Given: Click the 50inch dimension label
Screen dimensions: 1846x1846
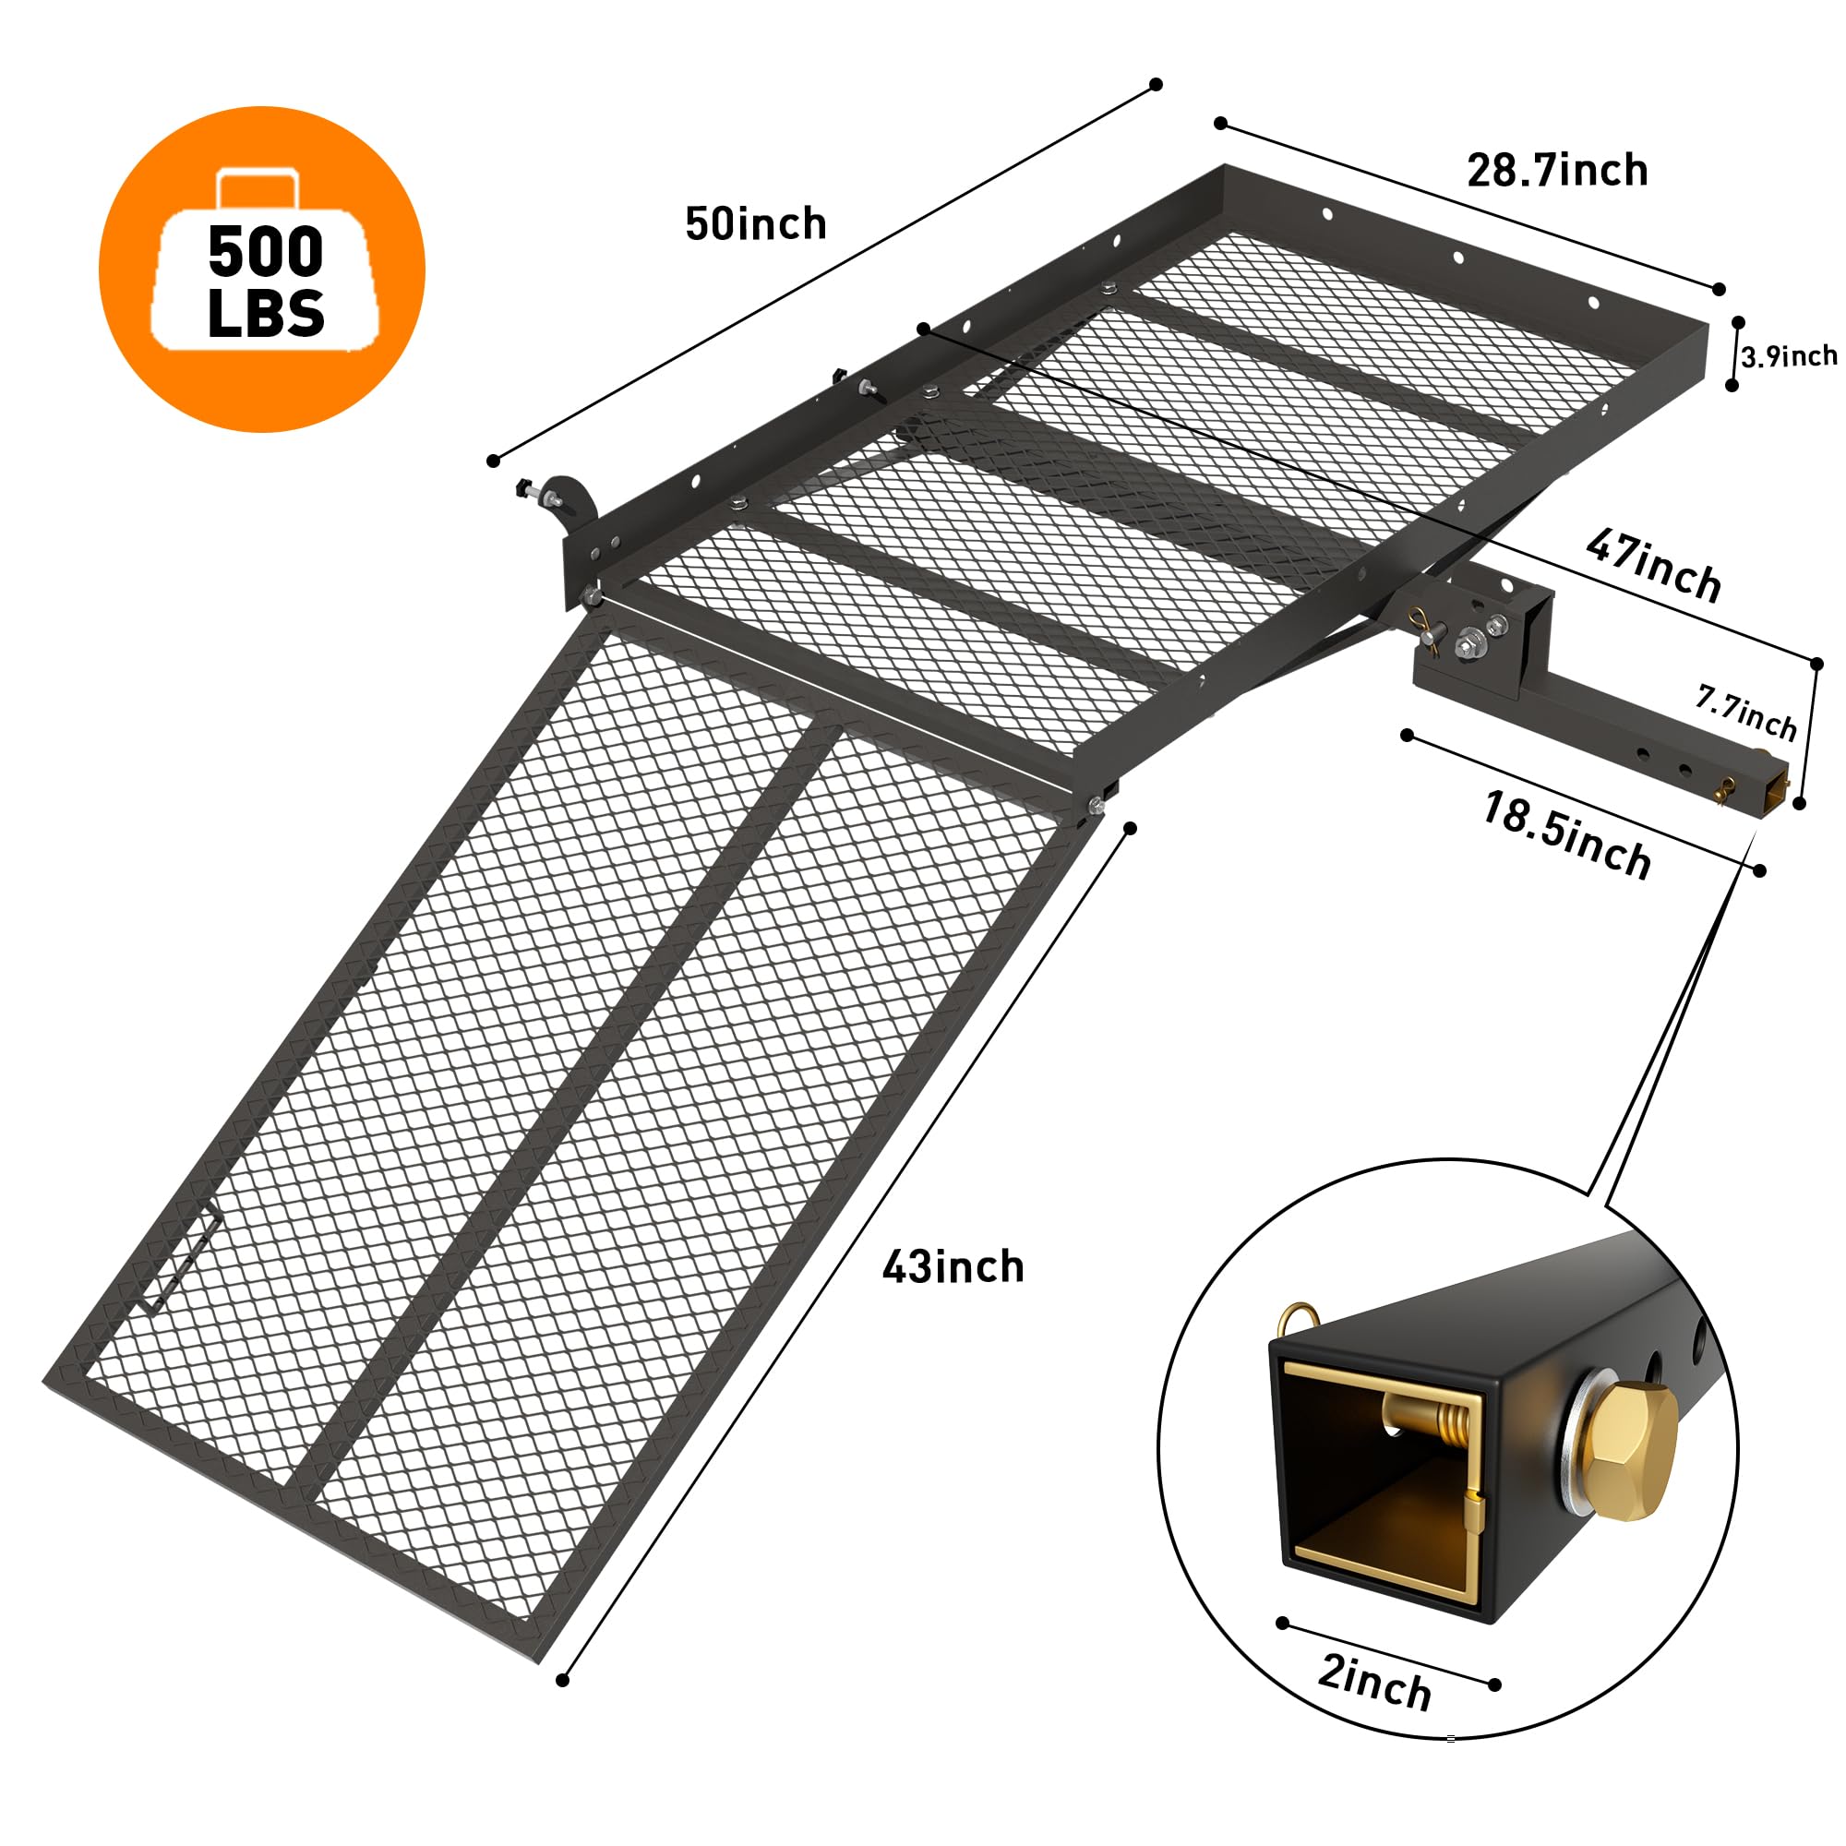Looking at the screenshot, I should [x=756, y=224].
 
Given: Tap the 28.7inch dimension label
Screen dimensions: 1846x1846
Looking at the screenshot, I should [x=1556, y=171].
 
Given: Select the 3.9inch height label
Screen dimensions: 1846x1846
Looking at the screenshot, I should [x=1788, y=357].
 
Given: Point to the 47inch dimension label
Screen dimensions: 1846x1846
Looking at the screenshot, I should [x=1653, y=566].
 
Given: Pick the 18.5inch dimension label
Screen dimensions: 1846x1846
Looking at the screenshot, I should [x=1566, y=835].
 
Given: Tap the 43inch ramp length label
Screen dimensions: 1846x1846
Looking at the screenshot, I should [x=953, y=1268].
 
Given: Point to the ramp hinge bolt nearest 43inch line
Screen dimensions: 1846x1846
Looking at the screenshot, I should [x=1096, y=808].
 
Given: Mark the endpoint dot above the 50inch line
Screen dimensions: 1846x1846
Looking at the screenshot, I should [x=1156, y=85].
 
